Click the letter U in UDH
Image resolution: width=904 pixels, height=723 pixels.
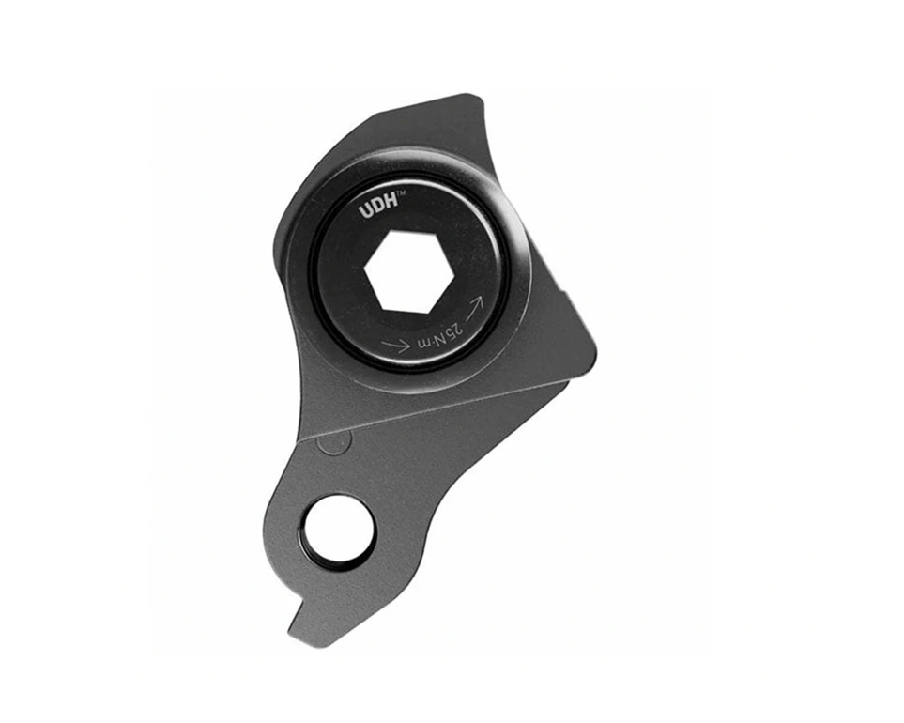tap(365, 212)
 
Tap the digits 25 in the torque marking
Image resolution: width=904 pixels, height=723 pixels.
tap(455, 334)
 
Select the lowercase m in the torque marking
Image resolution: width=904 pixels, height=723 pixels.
tap(422, 346)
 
